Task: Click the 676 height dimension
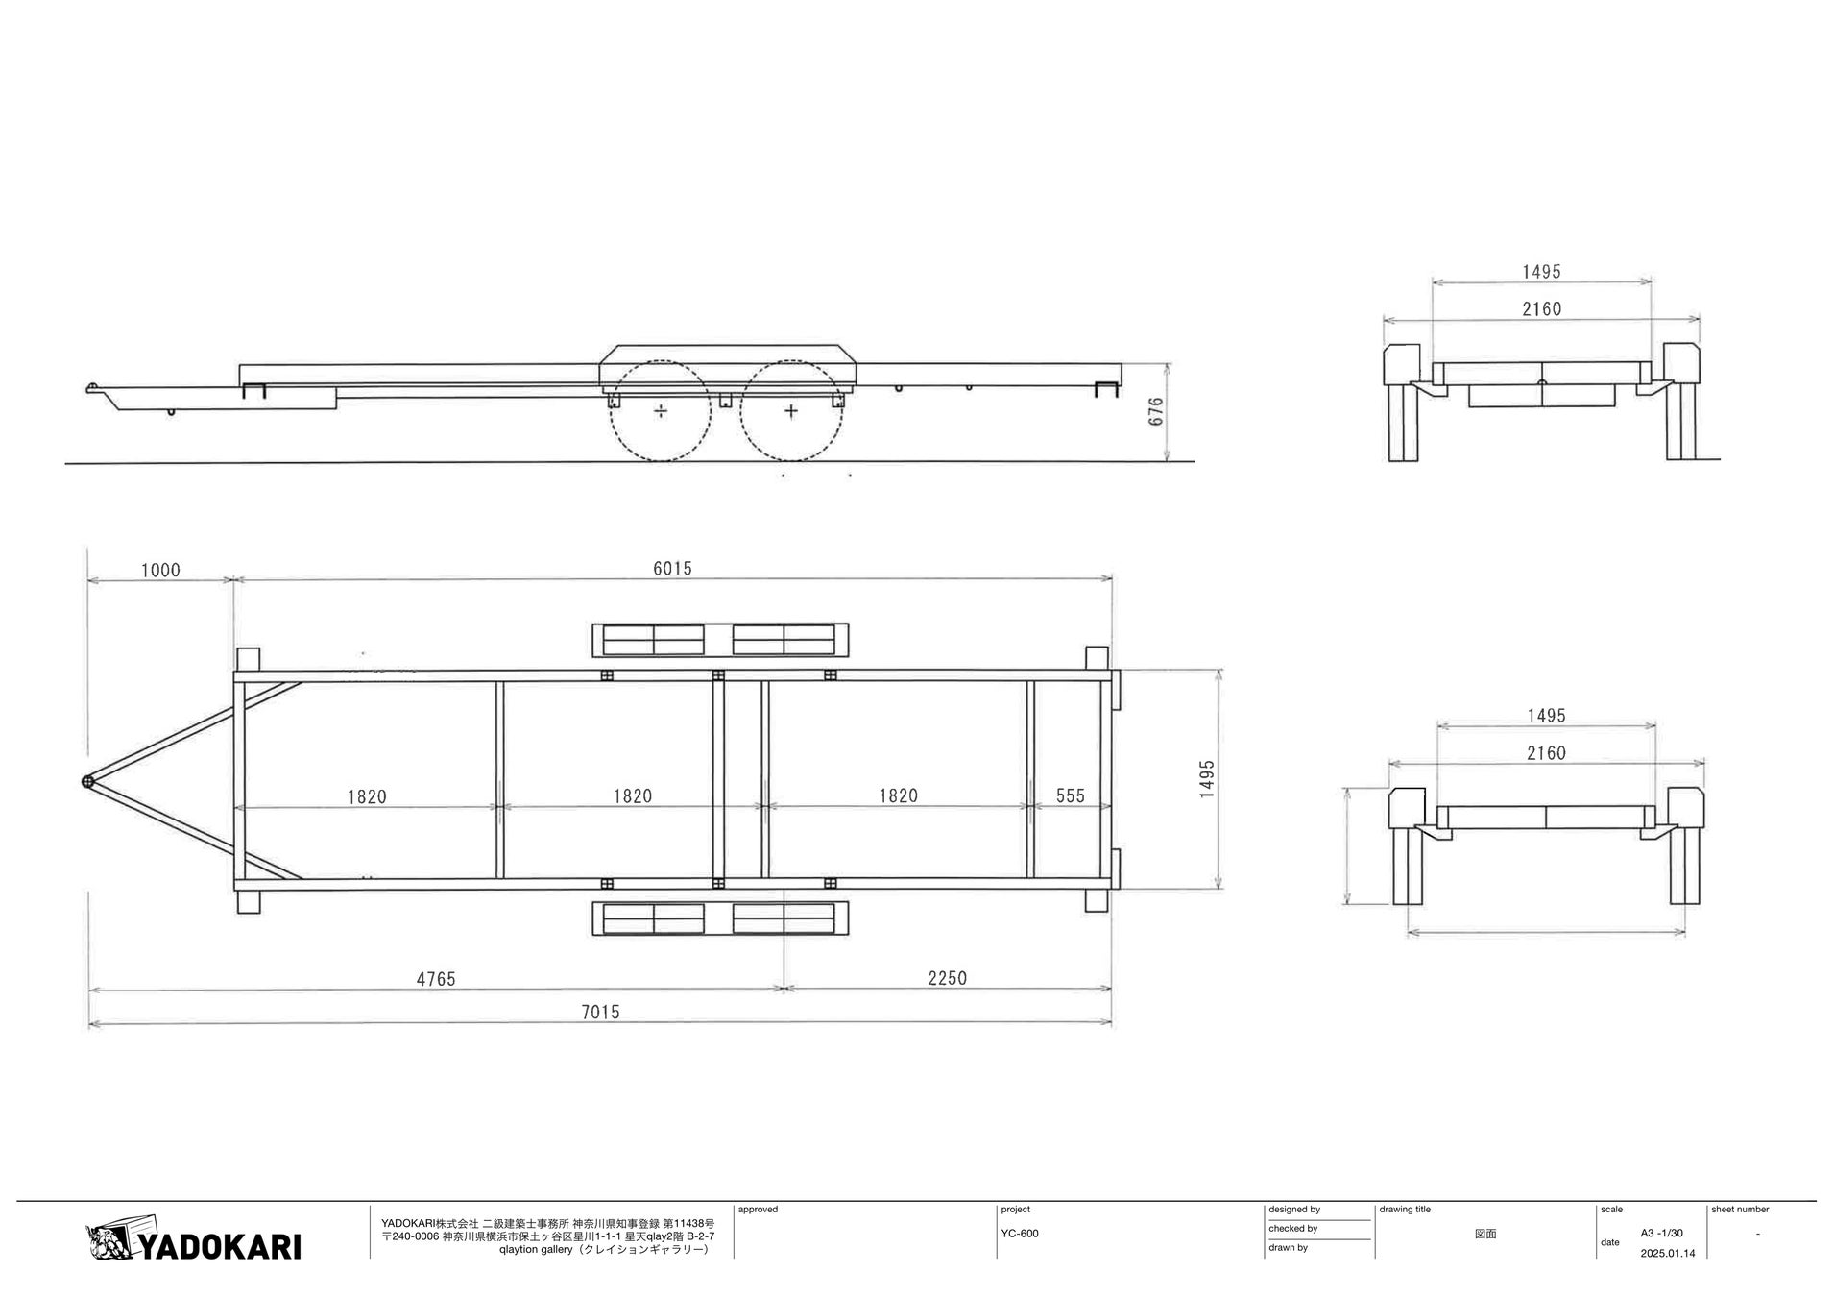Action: pos(1156,411)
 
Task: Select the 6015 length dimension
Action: pos(672,568)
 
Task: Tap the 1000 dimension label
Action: pos(160,570)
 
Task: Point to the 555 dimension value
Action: pos(1070,795)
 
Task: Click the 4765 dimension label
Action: pos(435,979)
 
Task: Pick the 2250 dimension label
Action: pos(947,978)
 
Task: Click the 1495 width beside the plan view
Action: pos(1207,778)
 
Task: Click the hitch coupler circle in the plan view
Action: pos(88,782)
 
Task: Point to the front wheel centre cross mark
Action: pos(661,411)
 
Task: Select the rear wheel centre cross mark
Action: pos(790,411)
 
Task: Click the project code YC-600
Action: pos(1019,1234)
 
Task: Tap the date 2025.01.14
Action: pos(1668,1253)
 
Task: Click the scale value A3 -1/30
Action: pos(1661,1233)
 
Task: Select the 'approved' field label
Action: pos(758,1210)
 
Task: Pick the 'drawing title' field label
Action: pos(1405,1210)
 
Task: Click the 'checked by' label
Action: pos(1292,1229)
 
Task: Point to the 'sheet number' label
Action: pos(1739,1210)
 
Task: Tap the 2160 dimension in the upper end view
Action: pos(1541,308)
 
